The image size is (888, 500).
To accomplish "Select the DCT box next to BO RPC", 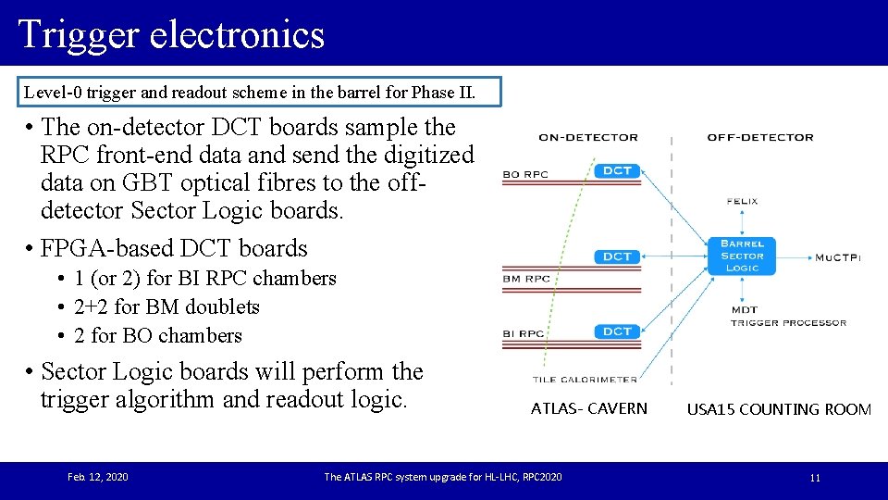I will (x=617, y=170).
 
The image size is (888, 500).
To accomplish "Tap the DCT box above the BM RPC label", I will (x=617, y=256).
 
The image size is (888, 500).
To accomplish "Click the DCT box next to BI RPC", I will (x=617, y=331).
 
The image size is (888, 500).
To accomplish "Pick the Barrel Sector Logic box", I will (x=742, y=256).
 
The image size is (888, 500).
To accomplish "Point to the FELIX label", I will (x=743, y=201).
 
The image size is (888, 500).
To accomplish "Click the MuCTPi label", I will (x=837, y=257).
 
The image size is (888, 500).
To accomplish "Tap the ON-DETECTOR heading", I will (x=588, y=137).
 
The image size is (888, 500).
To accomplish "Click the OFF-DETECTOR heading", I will (x=760, y=137).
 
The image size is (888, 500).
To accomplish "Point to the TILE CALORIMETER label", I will (x=585, y=379).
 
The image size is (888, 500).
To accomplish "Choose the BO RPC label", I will (x=525, y=173).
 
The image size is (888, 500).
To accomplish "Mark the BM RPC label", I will (x=525, y=279).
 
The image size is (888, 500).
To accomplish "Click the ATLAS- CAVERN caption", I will (x=589, y=408).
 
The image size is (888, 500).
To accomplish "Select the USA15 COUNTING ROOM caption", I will (x=779, y=409).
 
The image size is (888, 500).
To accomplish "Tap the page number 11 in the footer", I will (x=815, y=478).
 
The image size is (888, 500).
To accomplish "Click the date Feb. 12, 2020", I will (x=98, y=477).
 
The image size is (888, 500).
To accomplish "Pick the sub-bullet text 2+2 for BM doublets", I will (x=166, y=306).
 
